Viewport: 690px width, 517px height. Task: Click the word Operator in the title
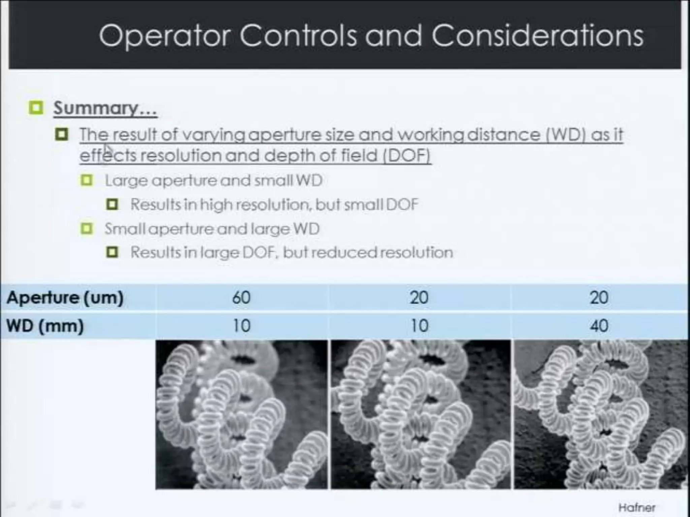[165, 36]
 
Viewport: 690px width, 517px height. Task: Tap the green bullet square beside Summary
[36, 108]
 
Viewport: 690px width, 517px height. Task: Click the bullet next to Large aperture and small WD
[87, 180]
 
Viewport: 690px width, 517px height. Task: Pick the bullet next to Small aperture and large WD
[87, 229]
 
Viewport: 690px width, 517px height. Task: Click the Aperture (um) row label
[65, 298]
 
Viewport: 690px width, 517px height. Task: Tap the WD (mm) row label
[45, 326]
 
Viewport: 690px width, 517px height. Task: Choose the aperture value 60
[241, 298]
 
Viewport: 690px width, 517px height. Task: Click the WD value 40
[599, 326]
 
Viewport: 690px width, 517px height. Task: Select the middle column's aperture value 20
[419, 298]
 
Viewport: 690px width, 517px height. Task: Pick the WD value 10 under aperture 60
[241, 326]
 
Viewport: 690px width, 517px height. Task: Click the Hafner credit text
[637, 507]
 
